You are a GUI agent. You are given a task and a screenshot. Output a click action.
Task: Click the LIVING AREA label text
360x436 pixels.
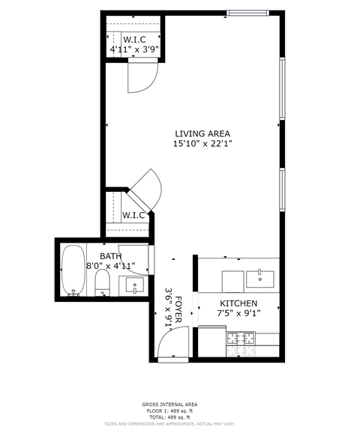(202, 133)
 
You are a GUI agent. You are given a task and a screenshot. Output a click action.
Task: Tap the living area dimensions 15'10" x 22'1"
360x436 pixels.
(202, 144)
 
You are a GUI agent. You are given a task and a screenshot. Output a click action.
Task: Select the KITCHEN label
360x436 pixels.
(238, 303)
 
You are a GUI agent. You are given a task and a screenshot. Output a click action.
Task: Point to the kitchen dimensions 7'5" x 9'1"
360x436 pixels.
(238, 314)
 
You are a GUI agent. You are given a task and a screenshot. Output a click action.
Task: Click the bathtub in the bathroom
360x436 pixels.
(73, 269)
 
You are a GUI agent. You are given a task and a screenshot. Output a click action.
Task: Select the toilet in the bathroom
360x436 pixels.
(103, 282)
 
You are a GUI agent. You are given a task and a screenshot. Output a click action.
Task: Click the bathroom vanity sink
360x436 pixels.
(135, 285)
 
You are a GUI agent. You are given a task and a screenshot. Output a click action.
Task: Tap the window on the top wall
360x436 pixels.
(247, 13)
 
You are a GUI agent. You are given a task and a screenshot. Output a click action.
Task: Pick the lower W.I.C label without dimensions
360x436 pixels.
(133, 216)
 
